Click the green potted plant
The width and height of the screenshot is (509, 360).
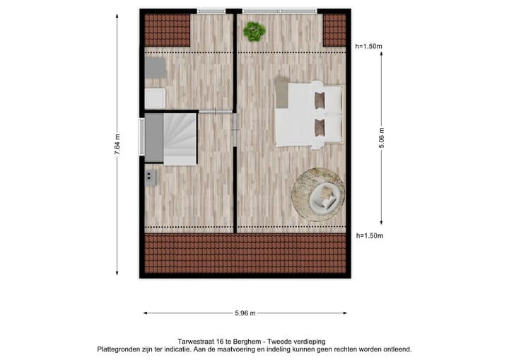pyautogui.click(x=254, y=31)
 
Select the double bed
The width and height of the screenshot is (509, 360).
pyautogui.click(x=310, y=114)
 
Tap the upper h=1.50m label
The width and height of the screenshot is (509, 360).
pyautogui.click(x=369, y=47)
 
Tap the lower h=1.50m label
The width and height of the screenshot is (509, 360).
pyautogui.click(x=369, y=236)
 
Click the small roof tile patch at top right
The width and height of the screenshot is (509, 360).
pyautogui.click(x=334, y=30)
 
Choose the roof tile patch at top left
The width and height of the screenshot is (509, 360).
pyautogui.click(x=168, y=30)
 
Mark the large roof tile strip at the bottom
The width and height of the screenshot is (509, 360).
pyautogui.click(x=245, y=254)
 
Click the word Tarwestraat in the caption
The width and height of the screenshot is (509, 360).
pyautogui.click(x=196, y=341)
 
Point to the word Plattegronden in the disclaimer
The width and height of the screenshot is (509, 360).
pyautogui.click(x=121, y=349)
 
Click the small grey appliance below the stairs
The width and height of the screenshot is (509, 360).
pyautogui.click(x=151, y=177)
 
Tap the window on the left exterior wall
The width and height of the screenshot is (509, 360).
pyautogui.click(x=141, y=137)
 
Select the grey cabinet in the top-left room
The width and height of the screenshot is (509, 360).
pyautogui.click(x=156, y=69)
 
